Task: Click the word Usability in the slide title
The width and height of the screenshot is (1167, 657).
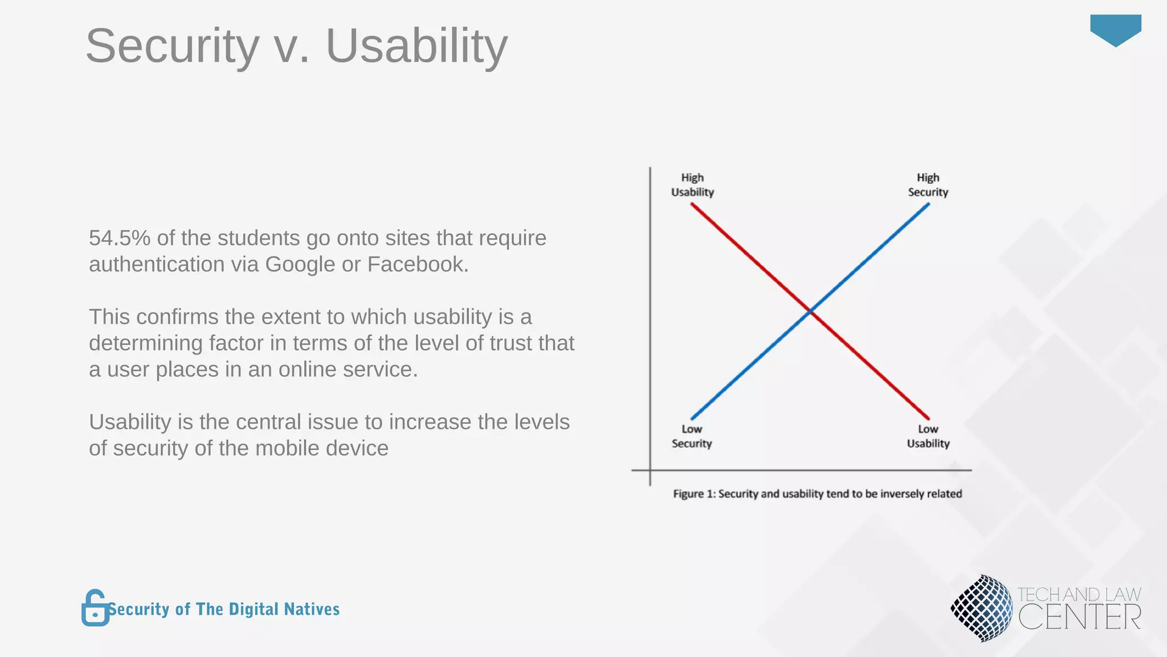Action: (416, 47)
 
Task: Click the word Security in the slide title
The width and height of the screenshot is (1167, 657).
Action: (172, 47)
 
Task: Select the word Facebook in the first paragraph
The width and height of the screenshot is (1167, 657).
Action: (417, 265)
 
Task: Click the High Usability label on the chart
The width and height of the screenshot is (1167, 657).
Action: (692, 185)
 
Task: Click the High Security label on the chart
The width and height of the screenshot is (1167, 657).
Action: (928, 185)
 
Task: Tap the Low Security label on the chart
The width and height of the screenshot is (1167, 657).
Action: (692, 436)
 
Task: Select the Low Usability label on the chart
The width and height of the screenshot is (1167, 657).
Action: (928, 436)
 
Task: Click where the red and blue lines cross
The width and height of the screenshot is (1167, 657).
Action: (810, 311)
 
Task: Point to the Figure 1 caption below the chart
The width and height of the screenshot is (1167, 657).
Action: (817, 494)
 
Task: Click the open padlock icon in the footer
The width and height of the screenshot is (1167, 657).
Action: (95, 608)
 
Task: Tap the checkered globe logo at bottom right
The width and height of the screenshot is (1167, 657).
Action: (981, 608)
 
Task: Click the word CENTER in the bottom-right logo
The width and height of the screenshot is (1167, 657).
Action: (1079, 618)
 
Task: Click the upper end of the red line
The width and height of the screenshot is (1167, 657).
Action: (693, 205)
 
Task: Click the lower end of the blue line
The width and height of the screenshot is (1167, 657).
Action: (693, 418)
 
